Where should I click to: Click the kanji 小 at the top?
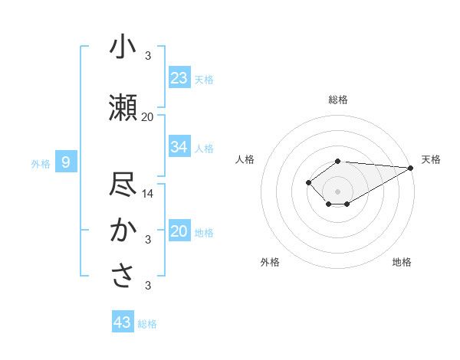[123, 47]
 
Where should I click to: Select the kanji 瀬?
[123, 108]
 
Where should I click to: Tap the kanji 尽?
[123, 185]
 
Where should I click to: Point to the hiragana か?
[123, 231]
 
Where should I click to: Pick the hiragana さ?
[123, 277]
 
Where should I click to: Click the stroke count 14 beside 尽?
[148, 194]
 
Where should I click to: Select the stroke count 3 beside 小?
[148, 56]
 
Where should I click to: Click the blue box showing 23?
[179, 78]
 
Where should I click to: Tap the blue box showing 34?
[179, 147]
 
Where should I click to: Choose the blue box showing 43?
[123, 322]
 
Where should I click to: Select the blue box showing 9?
[66, 162]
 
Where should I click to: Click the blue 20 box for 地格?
[179, 231]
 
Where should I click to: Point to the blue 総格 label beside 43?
[147, 324]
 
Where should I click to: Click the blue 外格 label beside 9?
[40, 163]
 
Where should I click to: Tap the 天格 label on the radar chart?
[431, 159]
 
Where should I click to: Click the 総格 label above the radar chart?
[337, 100]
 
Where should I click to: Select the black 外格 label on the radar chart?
[270, 262]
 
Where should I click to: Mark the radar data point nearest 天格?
[411, 168]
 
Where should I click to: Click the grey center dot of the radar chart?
[337, 191]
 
